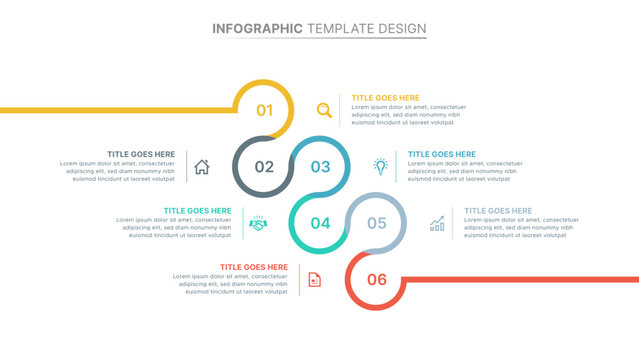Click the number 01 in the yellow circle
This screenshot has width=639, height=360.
tap(264, 110)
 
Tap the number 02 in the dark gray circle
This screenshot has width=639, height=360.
tap(264, 167)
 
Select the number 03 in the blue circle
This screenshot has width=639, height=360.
tap(320, 167)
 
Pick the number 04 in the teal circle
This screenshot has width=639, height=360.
tap(320, 223)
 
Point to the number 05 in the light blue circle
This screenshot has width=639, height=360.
tap(377, 223)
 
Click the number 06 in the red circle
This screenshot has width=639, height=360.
tap(377, 279)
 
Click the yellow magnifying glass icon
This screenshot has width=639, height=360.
tap(323, 110)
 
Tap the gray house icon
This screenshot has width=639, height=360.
tap(201, 167)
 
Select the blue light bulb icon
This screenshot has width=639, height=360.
tap(380, 166)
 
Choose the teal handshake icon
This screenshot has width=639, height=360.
tap(258, 223)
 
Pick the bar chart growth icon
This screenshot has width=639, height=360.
tap(437, 223)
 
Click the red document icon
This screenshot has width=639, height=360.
tap(314, 279)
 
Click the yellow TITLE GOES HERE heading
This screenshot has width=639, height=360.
tap(385, 98)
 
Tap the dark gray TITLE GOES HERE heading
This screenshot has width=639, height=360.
tap(141, 154)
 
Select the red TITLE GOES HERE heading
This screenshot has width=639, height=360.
tap(254, 267)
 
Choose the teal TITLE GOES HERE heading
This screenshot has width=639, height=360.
tap(197, 211)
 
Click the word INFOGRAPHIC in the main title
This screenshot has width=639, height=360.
tap(258, 28)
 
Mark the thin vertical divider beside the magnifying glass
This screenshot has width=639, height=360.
tap(340, 110)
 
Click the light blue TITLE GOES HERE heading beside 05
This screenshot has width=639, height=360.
tap(498, 211)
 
